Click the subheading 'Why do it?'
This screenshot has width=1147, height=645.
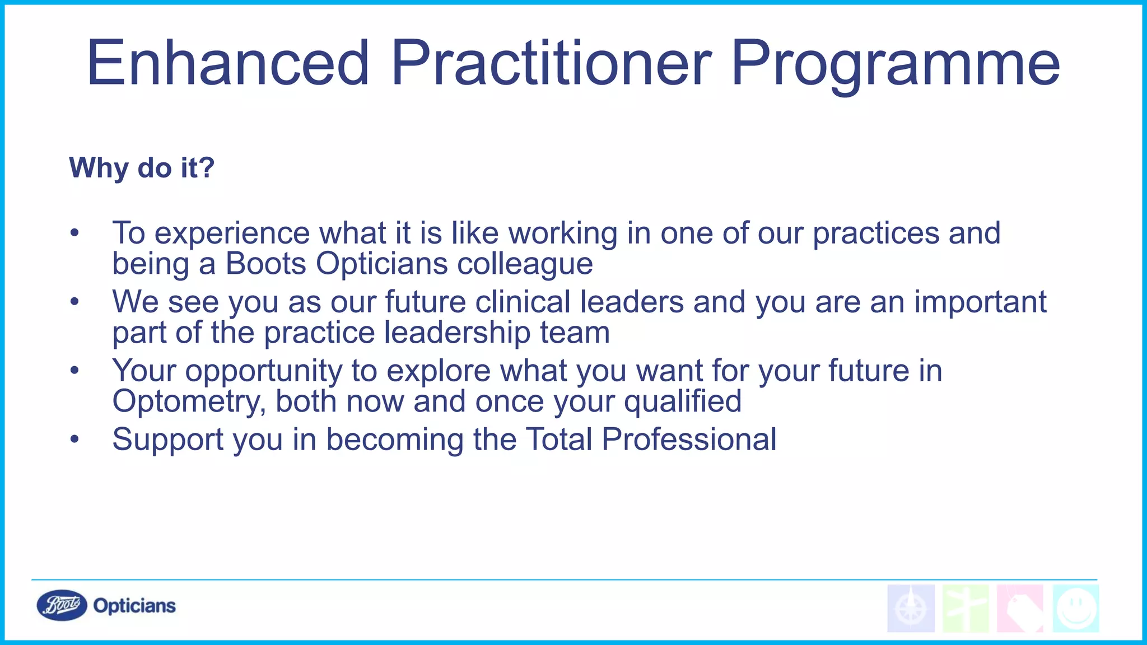[x=142, y=167]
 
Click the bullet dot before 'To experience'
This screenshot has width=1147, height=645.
[x=75, y=233]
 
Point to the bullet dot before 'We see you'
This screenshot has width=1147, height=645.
[x=75, y=302]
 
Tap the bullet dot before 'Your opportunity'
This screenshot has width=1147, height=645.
[x=75, y=371]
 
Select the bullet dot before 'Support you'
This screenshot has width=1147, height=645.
[x=75, y=440]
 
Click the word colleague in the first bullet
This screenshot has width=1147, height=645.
[x=525, y=264]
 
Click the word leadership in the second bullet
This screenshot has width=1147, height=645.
[x=458, y=333]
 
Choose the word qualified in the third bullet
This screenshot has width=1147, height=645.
[x=683, y=402]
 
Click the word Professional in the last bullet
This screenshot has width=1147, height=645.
[x=689, y=440]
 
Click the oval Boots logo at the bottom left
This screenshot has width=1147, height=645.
[x=62, y=605]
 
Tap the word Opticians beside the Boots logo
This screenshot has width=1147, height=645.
[x=134, y=606]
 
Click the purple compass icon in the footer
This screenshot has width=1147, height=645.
[x=911, y=609]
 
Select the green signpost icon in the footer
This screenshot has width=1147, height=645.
[x=966, y=609]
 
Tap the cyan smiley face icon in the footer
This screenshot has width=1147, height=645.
[x=1075, y=609]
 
